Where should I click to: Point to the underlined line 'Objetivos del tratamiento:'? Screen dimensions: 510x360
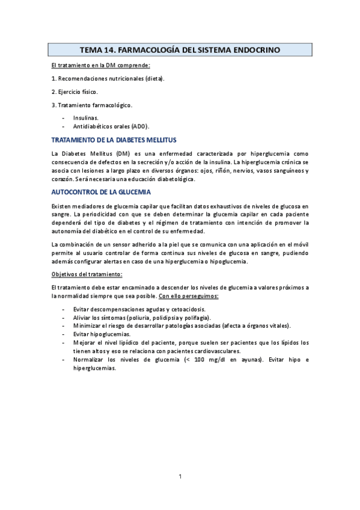click(87, 274)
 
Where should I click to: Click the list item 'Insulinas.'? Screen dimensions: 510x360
click(87, 118)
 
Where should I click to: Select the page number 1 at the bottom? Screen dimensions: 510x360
click(180, 477)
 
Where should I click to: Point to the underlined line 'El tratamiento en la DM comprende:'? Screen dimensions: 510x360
click(101, 65)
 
